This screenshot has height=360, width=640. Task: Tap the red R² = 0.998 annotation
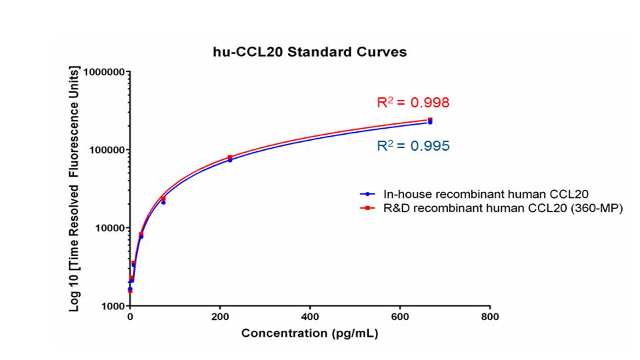pyautogui.click(x=413, y=103)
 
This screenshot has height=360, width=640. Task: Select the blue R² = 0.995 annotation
pyautogui.click(x=413, y=145)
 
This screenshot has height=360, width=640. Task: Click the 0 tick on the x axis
pyautogui.click(x=130, y=318)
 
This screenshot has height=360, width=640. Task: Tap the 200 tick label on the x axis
pyautogui.click(x=220, y=318)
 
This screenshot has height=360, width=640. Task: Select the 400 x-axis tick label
pyautogui.click(x=310, y=318)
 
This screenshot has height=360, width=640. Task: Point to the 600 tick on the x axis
pyautogui.click(x=400, y=318)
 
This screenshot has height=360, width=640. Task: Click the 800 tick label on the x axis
pyautogui.click(x=490, y=318)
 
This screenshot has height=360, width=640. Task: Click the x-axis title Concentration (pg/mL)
pyautogui.click(x=309, y=333)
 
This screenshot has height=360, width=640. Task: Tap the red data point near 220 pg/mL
pyautogui.click(x=230, y=157)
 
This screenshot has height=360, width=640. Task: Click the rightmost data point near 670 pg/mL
pyautogui.click(x=430, y=121)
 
